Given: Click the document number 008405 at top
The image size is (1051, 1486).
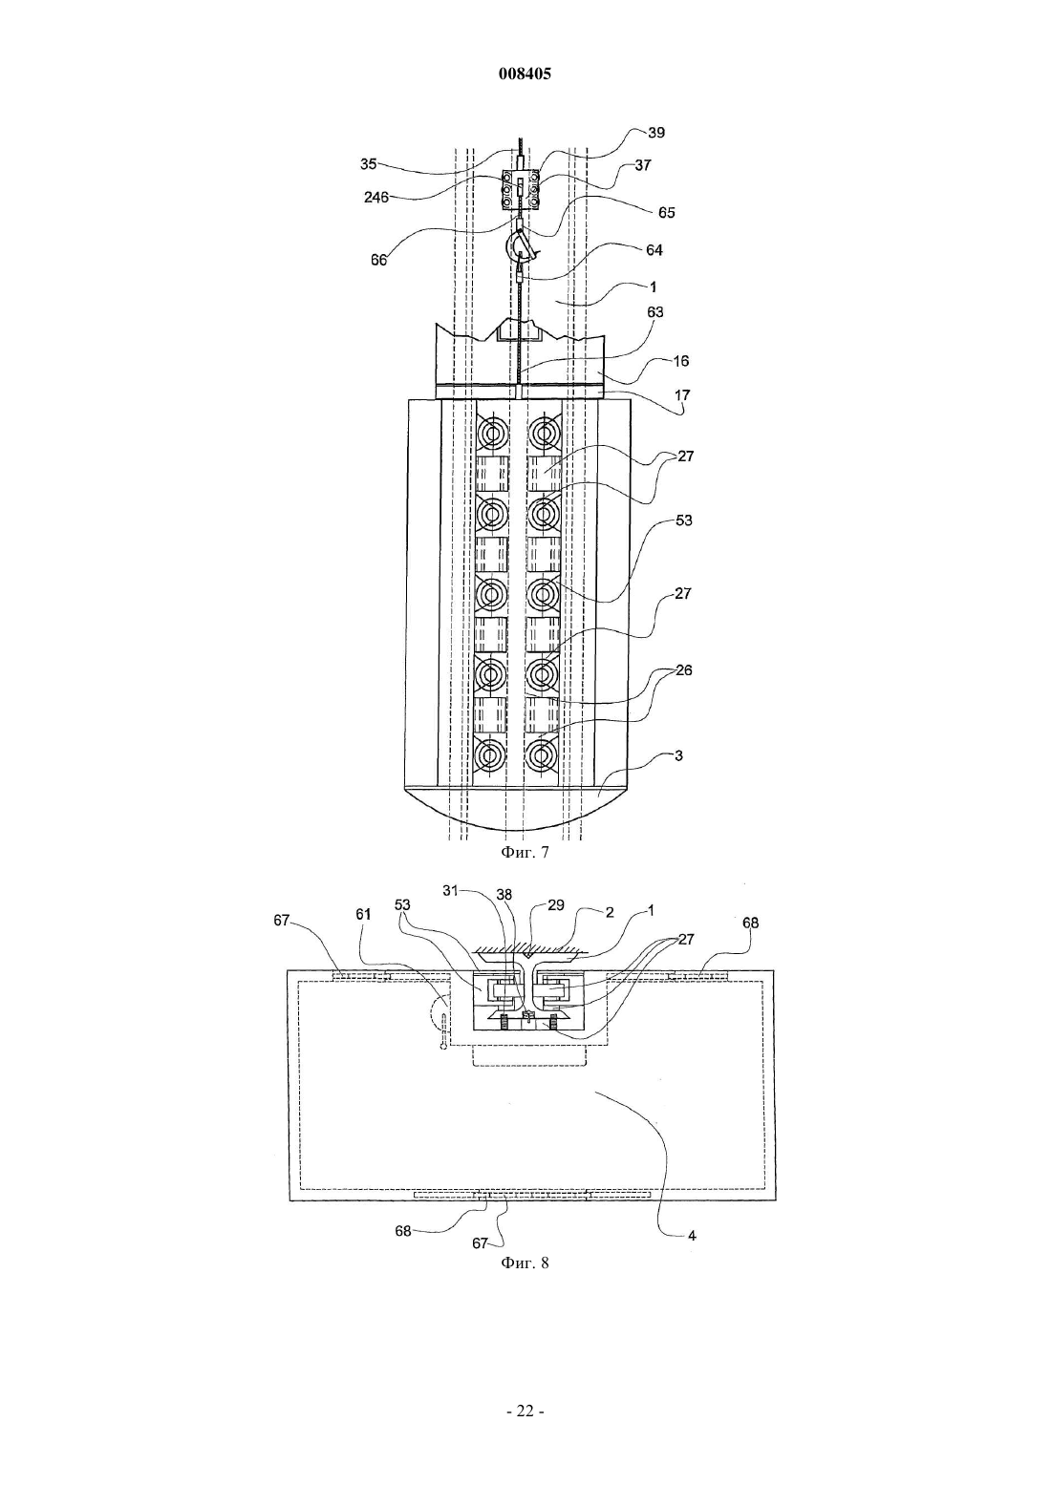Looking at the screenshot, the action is point(525,74).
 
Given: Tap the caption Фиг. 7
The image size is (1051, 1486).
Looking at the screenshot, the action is point(525,852).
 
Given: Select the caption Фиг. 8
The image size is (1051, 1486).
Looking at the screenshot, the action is point(525,1263).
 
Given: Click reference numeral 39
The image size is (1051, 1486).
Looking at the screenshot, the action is point(655,133).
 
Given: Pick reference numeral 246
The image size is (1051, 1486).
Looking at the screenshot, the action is point(376,197).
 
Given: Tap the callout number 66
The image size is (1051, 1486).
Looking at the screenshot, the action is point(378,260).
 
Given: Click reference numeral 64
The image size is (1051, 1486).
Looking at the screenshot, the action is point(654,250).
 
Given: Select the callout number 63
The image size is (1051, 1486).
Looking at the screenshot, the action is point(654,311).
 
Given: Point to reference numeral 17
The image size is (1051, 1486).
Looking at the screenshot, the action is point(682,394).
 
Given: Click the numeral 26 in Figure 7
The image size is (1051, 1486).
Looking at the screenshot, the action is point(683,670).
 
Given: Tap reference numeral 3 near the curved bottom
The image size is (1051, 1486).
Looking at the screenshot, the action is point(678,755).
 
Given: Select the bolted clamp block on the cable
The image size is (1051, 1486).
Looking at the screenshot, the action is point(520,191).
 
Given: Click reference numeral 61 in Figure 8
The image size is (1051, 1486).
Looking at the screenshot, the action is point(363,914).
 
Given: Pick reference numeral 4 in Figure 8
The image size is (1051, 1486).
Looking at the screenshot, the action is point(692,1236).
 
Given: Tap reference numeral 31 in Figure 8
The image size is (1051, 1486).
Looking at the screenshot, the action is point(451,891).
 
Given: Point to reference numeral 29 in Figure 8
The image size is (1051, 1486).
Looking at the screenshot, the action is point(555,904).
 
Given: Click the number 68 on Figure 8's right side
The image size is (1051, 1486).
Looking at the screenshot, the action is point(750,923).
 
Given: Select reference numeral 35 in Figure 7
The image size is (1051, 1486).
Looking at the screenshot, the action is point(368,164).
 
